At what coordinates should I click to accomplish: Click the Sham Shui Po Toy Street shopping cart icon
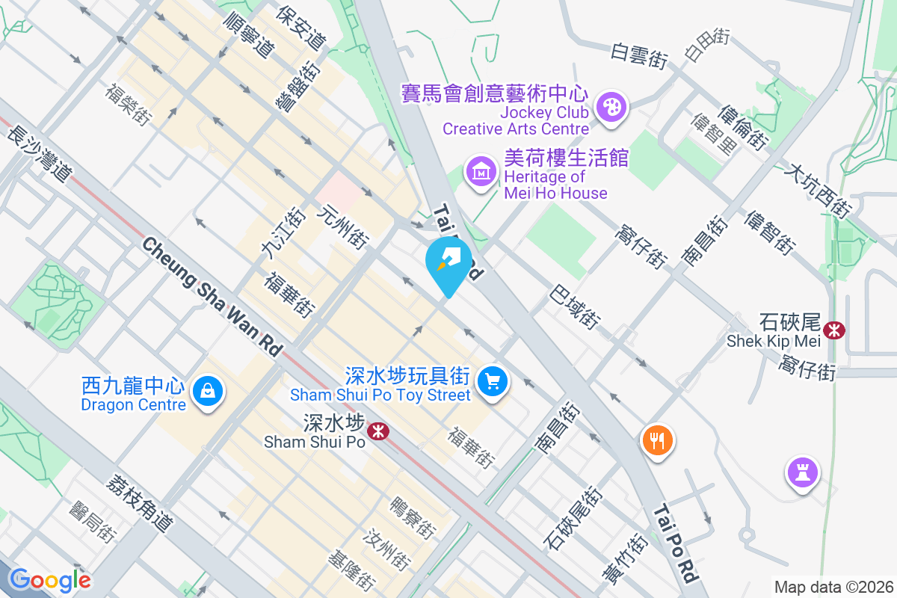[492, 381]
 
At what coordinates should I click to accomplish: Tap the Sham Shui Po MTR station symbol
[377, 431]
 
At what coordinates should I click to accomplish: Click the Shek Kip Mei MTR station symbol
[833, 329]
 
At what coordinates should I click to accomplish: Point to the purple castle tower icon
[802, 472]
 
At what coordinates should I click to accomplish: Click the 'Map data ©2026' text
[833, 587]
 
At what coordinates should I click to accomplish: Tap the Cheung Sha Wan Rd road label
[214, 296]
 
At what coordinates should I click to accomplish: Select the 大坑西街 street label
[818, 191]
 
